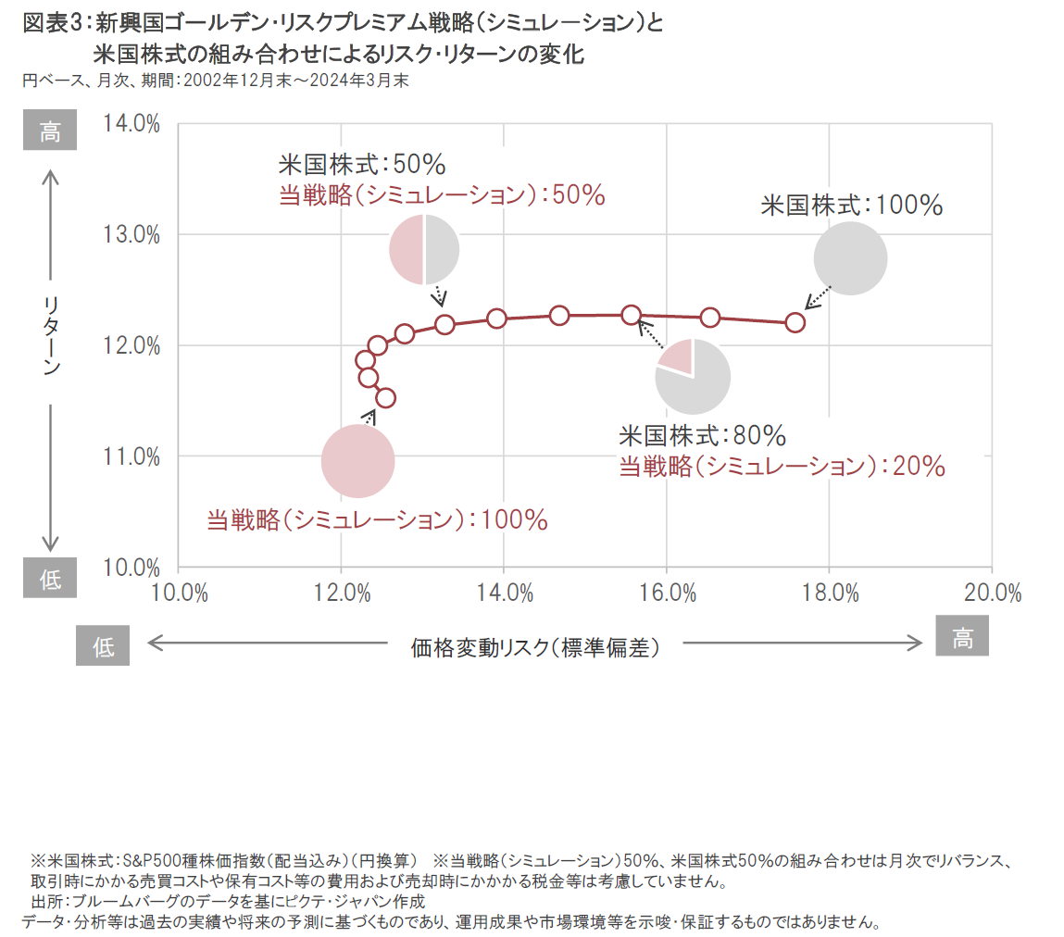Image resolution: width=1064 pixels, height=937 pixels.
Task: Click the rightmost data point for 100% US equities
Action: click(795, 322)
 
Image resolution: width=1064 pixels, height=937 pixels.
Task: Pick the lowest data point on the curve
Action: click(385, 397)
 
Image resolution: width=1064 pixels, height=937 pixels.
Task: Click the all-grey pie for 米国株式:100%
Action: click(850, 258)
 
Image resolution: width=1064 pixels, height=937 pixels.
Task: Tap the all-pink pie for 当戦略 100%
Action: click(357, 460)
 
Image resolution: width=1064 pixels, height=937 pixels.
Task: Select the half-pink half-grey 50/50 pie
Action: click(424, 249)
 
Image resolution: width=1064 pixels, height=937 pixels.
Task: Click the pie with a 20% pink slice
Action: click(692, 376)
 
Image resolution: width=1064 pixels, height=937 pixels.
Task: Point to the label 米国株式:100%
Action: click(851, 205)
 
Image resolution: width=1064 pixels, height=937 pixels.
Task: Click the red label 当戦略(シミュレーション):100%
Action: click(377, 519)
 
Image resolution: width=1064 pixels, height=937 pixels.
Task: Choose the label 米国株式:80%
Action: click(702, 434)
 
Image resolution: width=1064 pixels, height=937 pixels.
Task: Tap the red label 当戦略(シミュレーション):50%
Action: click(441, 195)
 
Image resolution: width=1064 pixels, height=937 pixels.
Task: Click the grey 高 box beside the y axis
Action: click(49, 132)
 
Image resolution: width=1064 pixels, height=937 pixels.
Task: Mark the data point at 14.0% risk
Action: click(496, 319)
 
